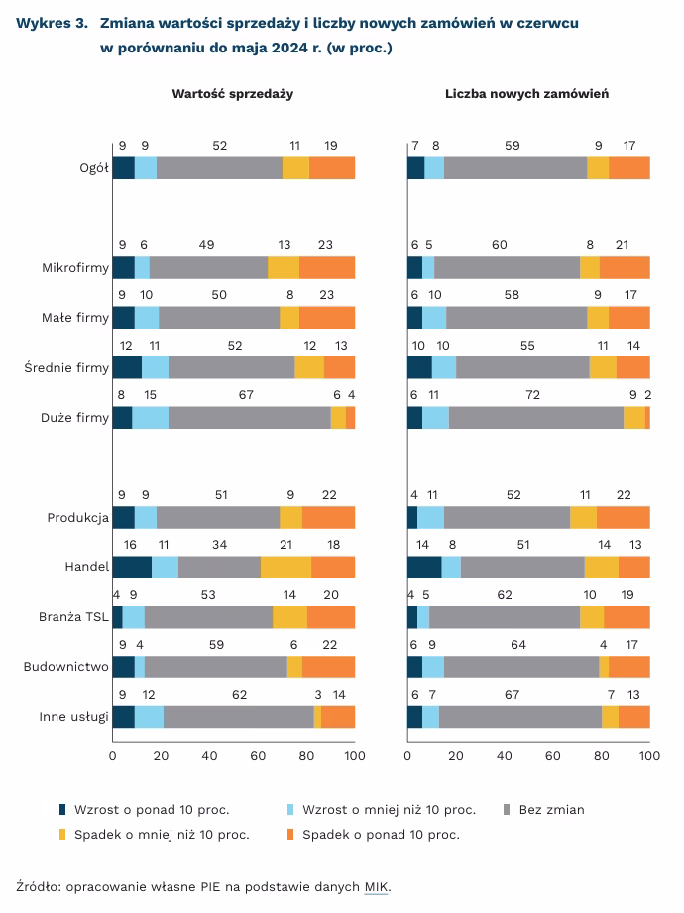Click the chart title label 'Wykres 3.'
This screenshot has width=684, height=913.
[50, 22]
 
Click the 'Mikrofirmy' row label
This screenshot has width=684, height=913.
[75, 268]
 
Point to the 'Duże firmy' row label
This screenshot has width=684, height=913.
[77, 418]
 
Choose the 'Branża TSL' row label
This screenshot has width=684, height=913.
[75, 617]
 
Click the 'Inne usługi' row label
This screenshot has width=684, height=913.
[73, 717]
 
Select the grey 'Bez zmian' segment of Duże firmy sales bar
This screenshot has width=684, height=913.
[250, 418]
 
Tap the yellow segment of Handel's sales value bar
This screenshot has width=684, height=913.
[285, 566]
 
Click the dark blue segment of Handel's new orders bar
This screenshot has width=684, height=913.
[424, 566]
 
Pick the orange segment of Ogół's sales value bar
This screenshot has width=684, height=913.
[332, 168]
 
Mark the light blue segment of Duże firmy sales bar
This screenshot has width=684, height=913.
[151, 418]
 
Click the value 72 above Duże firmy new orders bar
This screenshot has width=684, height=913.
[532, 394]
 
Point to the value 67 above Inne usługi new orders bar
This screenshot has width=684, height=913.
[512, 694]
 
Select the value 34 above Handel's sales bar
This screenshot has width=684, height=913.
[219, 545]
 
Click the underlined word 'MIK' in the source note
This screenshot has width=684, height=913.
[377, 887]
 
